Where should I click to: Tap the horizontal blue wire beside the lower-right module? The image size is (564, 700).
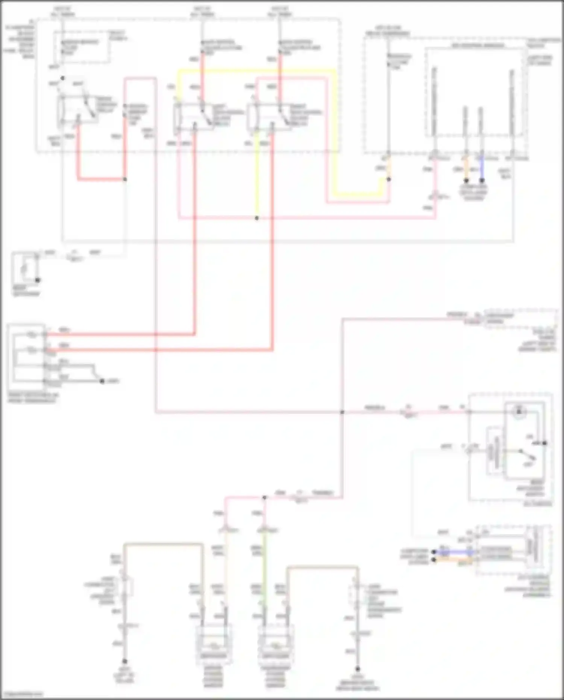tap(453, 552)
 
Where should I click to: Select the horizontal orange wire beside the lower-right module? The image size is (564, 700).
tap(453, 560)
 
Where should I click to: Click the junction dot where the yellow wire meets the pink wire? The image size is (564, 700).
tap(257, 218)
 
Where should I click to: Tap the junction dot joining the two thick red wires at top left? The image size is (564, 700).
tap(125, 179)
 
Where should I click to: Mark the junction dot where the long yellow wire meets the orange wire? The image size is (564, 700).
tap(389, 179)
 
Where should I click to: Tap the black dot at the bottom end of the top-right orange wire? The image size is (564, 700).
tap(466, 181)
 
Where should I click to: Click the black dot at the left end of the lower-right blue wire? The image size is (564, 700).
tap(434, 552)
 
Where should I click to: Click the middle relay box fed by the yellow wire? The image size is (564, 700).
tap(194, 117)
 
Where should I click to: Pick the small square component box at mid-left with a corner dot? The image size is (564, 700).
tap(25, 267)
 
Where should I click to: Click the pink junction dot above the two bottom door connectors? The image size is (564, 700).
tap(264, 498)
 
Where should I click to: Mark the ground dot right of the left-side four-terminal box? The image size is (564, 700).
tap(102, 381)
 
